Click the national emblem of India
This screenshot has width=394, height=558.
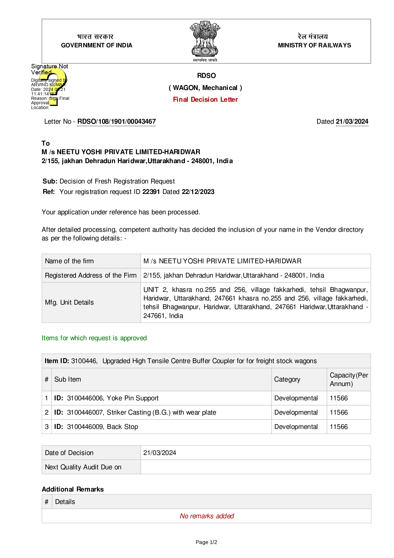[205, 40]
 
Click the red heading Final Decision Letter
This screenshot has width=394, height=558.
[205, 100]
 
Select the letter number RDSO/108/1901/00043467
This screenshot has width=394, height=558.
[116, 121]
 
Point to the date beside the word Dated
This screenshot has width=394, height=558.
[352, 121]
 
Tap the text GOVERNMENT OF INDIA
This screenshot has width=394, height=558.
[97, 45]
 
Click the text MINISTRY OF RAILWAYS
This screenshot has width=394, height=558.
[314, 45]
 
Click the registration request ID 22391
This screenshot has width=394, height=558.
[151, 192]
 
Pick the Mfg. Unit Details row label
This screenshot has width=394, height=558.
[69, 302]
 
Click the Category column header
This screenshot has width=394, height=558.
[287, 379]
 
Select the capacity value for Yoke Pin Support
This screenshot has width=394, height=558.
[339, 398]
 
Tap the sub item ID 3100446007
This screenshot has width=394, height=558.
[85, 412]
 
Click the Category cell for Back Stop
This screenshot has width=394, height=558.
[296, 427]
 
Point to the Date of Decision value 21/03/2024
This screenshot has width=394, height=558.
[160, 453]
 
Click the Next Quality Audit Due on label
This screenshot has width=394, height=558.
[83, 467]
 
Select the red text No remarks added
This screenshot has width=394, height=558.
[207, 516]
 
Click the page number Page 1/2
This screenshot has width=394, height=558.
[206, 542]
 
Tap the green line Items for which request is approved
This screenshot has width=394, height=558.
[94, 338]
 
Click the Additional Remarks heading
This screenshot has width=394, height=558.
[73, 489]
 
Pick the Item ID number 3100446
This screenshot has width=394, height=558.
[84, 361]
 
